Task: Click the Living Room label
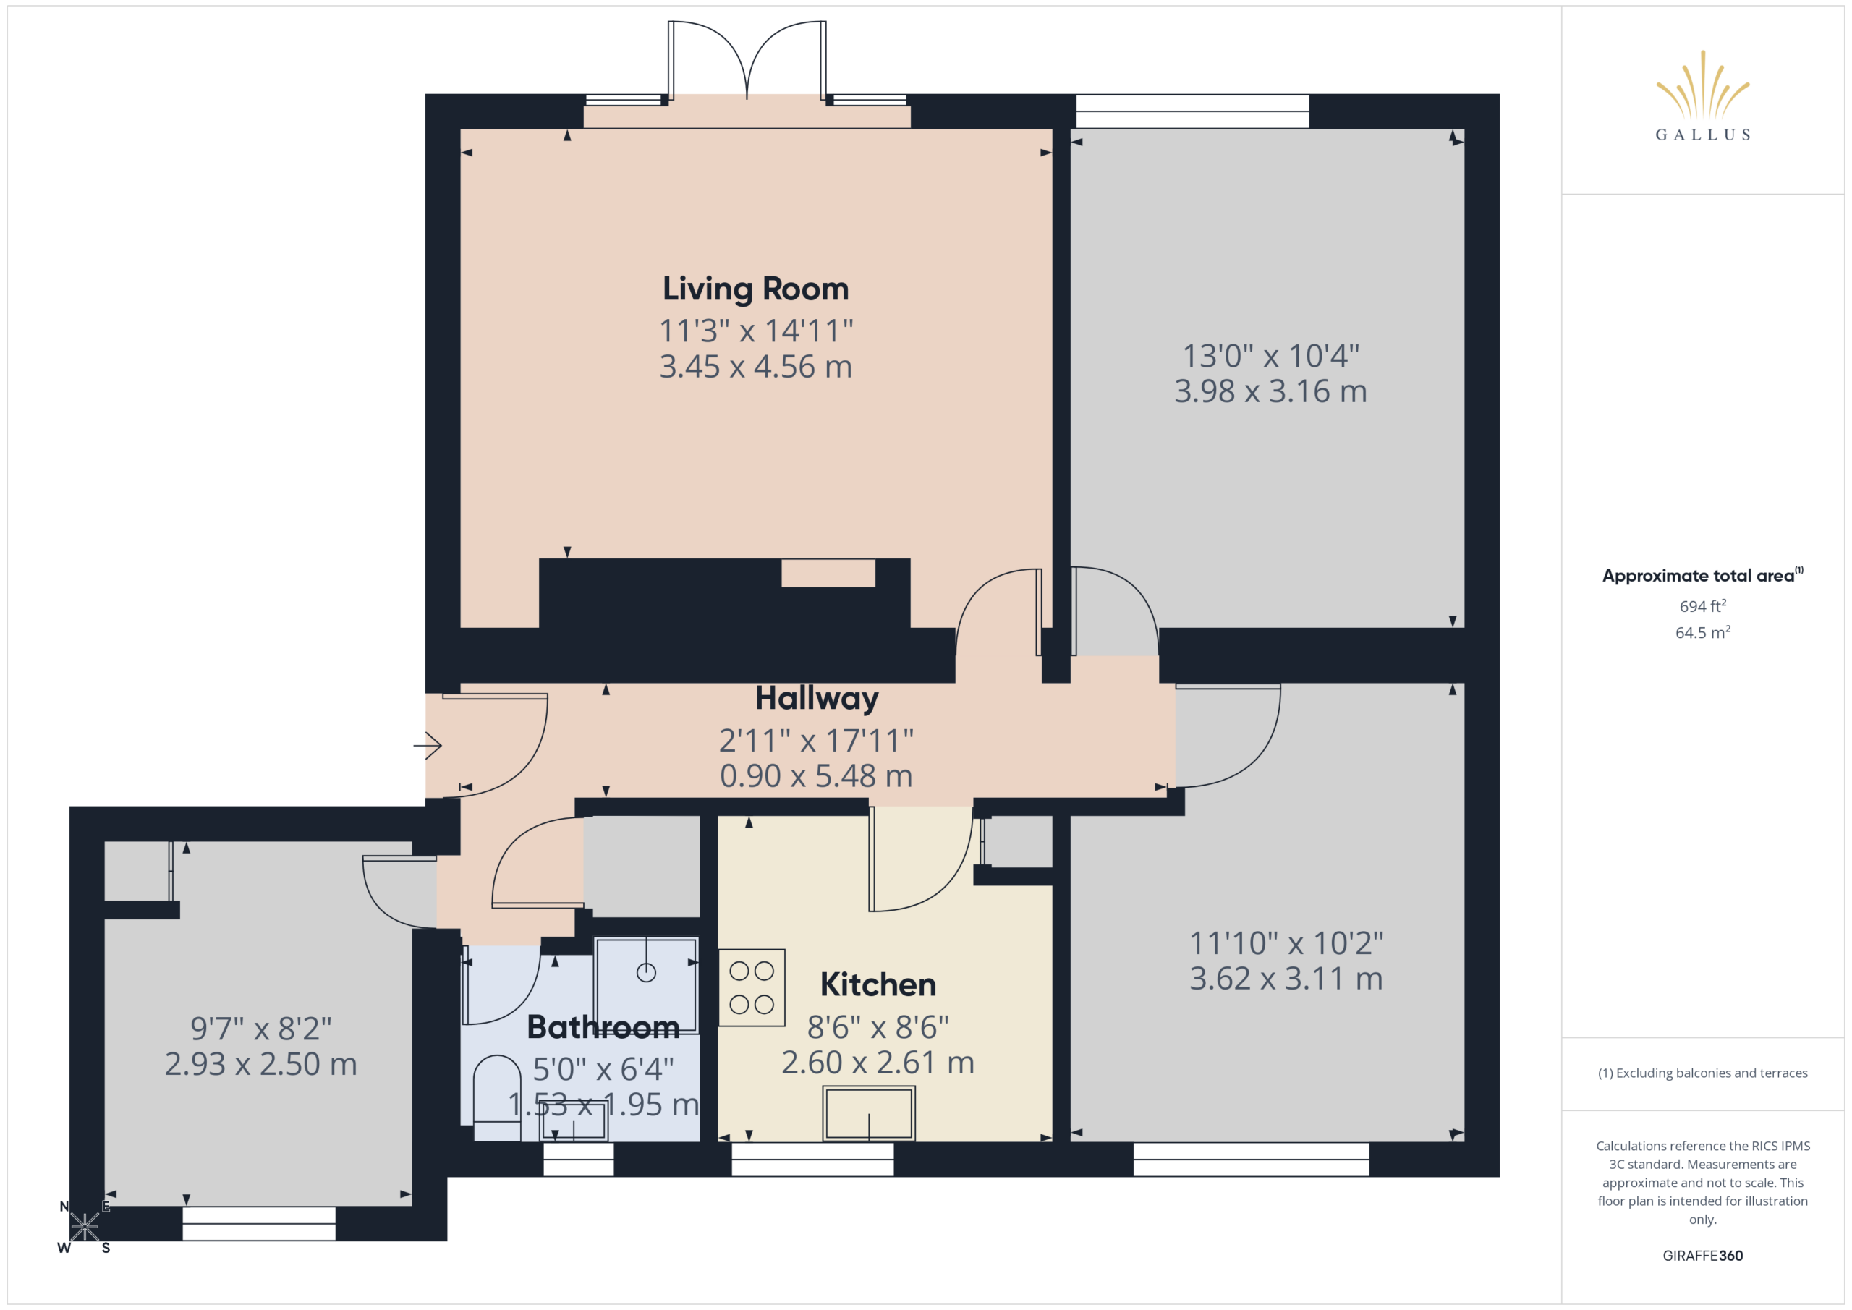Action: tap(755, 289)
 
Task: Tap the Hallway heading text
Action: tap(816, 699)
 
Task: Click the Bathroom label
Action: tap(603, 1027)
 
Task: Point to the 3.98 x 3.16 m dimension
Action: tap(1270, 391)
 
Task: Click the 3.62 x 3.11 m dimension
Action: tap(1286, 979)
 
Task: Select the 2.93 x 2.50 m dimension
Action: tap(260, 1064)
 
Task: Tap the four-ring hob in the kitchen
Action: tap(751, 987)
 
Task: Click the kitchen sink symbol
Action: tap(869, 1113)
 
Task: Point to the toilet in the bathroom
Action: tap(497, 1098)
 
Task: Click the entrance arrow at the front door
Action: tap(428, 744)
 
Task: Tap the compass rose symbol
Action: tap(84, 1227)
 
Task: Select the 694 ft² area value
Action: tap(1702, 605)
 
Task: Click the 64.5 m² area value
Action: tap(1702, 632)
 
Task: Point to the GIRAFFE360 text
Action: tap(1702, 1255)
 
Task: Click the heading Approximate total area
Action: tap(1697, 575)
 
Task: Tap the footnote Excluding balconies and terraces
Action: tap(1702, 1073)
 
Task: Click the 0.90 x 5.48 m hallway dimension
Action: tap(816, 776)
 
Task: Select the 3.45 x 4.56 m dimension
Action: tap(755, 367)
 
